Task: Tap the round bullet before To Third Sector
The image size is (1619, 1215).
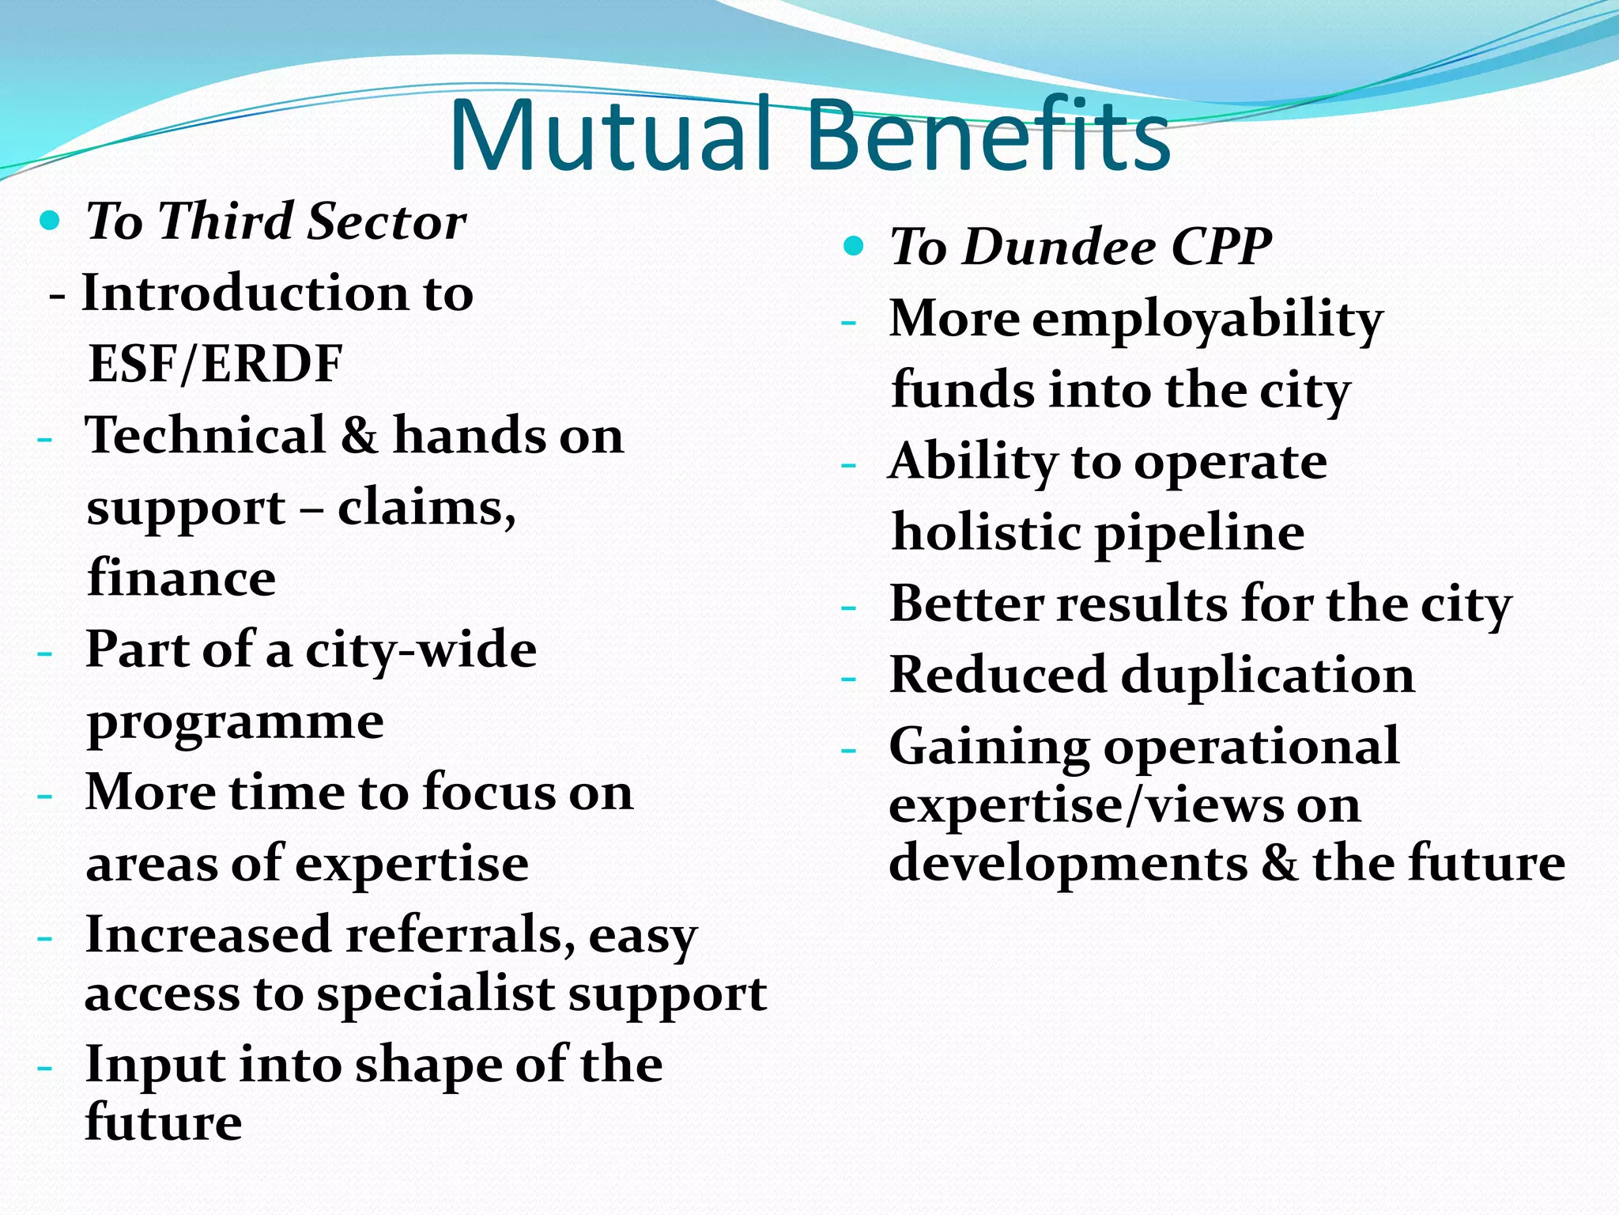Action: [x=50, y=221]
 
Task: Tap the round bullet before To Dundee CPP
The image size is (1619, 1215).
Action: [x=854, y=246]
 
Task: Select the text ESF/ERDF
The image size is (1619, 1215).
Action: [x=215, y=364]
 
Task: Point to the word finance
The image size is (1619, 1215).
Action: [x=181, y=578]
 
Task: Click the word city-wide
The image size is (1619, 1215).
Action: [x=421, y=650]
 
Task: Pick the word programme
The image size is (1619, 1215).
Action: [x=235, y=722]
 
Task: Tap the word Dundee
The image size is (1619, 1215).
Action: [x=1059, y=247]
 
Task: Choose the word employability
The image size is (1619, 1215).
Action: [x=1207, y=320]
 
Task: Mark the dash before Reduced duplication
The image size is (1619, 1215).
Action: [x=848, y=679]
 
